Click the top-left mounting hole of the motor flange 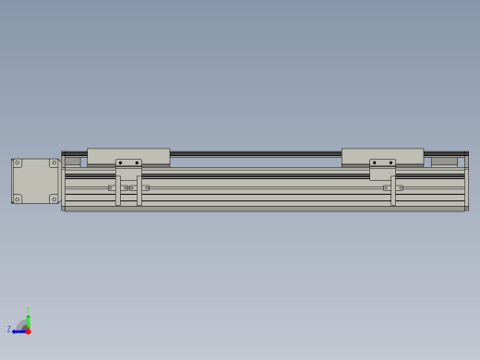17,163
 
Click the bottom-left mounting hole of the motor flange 17,198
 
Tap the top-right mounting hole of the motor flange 54,163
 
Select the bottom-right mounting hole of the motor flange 54,198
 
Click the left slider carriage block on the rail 128,156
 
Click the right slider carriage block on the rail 382,156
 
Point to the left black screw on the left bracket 120,163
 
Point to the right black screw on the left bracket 137,163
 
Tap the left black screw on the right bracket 374,163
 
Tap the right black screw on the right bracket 390,163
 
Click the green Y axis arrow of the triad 28,315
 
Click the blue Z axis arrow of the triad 17,330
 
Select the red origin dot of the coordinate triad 28,330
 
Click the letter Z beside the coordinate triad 9,330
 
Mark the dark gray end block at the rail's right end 444,162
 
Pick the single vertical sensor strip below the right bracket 393,191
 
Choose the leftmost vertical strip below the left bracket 118,191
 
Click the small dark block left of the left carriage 72,162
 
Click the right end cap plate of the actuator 466,182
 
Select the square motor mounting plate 35,181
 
